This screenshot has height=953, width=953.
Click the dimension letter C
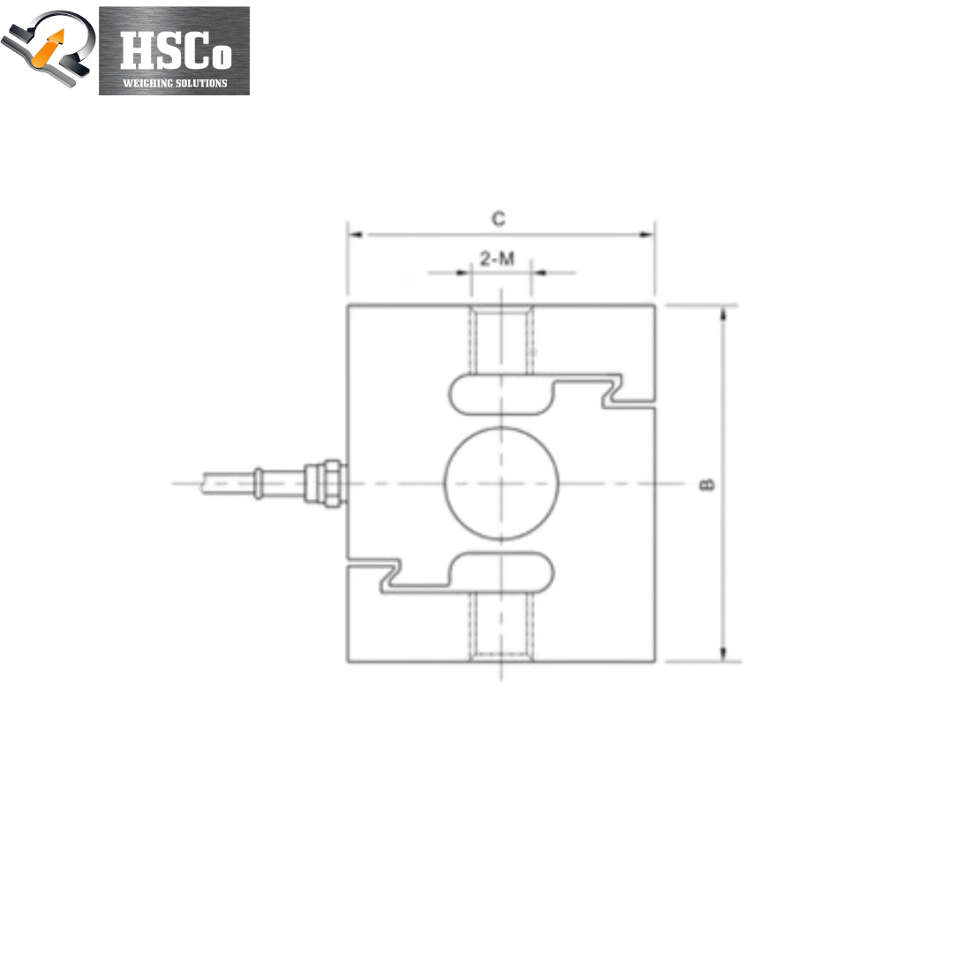[x=499, y=218]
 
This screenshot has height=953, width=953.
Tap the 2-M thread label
[x=497, y=259]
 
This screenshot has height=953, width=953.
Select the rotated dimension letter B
[x=707, y=484]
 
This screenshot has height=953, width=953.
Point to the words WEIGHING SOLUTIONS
[x=175, y=83]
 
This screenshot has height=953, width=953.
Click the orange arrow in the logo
[x=49, y=48]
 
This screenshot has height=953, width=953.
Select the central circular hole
[x=501, y=484]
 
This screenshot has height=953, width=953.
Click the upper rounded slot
[x=501, y=395]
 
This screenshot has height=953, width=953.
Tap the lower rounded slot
[x=501, y=572]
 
